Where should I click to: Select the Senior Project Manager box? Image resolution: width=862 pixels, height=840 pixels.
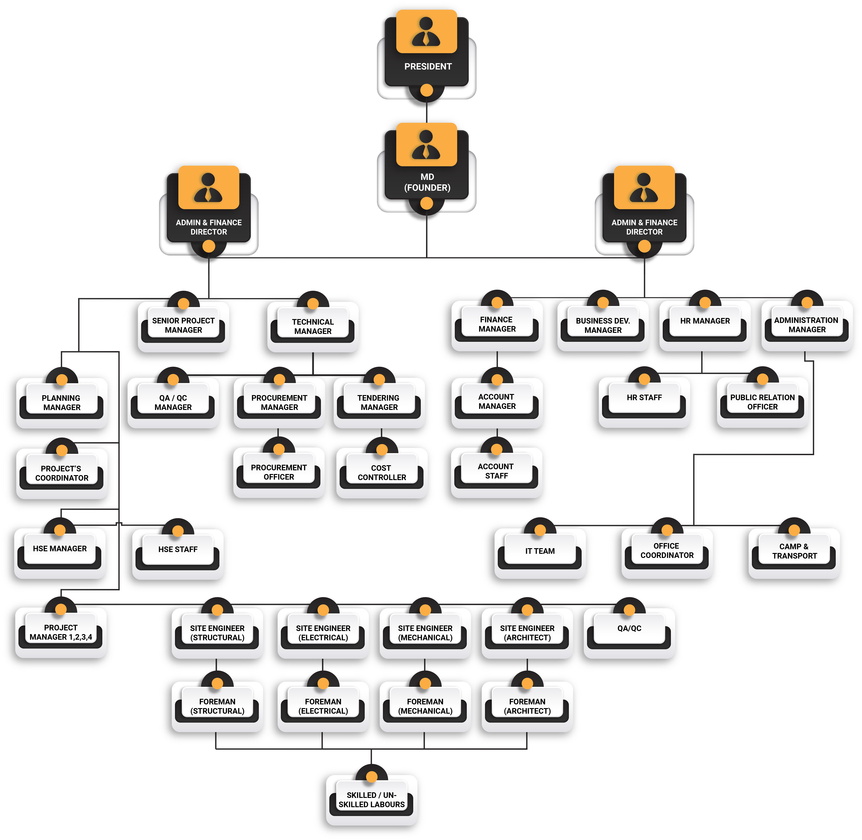183,326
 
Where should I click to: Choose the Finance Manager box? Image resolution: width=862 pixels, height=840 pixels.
497,324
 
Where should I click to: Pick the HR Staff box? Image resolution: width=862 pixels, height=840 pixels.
644,398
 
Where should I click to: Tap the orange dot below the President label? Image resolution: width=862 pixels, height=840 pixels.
426,90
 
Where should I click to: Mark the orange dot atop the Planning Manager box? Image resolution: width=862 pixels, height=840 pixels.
62,380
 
